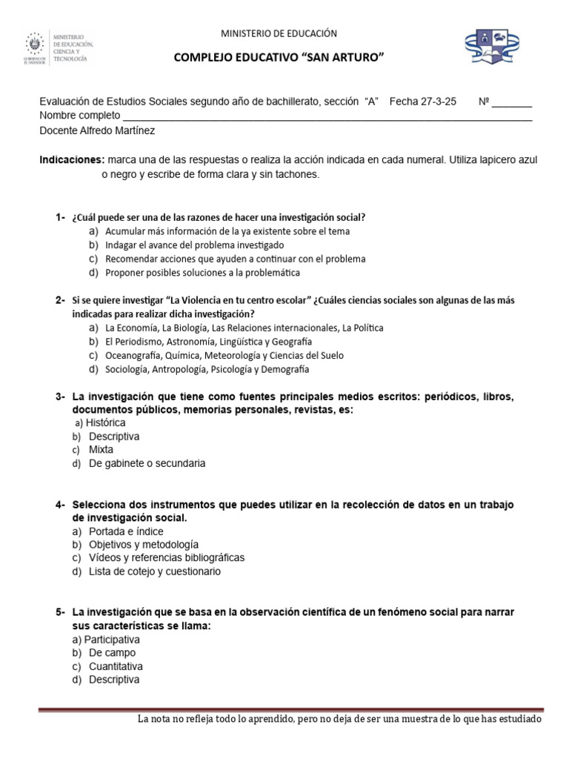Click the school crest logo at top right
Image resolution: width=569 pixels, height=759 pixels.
496,47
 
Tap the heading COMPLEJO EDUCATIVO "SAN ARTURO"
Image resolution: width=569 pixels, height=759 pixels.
279,59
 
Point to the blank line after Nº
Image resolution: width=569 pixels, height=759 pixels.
512,103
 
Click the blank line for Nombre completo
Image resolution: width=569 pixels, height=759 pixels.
327,116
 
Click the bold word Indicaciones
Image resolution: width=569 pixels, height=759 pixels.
71,160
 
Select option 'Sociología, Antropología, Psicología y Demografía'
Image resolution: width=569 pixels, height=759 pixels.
207,369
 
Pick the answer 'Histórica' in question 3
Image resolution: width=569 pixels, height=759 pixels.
105,422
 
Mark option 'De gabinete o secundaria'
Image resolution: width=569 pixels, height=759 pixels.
147,463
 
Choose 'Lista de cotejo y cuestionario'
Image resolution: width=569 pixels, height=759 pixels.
154,571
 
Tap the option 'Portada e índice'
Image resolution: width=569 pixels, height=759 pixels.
126,531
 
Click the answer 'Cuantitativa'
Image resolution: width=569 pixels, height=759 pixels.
116,666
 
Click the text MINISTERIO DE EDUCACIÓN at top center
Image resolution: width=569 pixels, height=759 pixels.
279,33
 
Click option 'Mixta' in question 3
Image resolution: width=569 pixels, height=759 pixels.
102,449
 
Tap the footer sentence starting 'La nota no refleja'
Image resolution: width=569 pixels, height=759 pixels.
340,720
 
